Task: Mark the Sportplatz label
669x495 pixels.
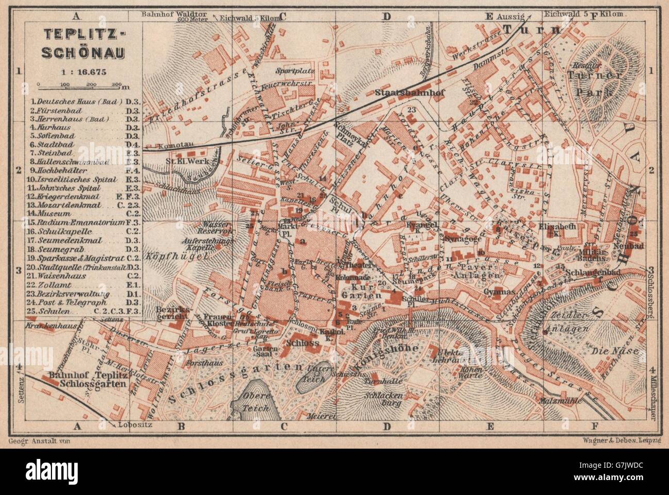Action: tap(290, 70)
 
